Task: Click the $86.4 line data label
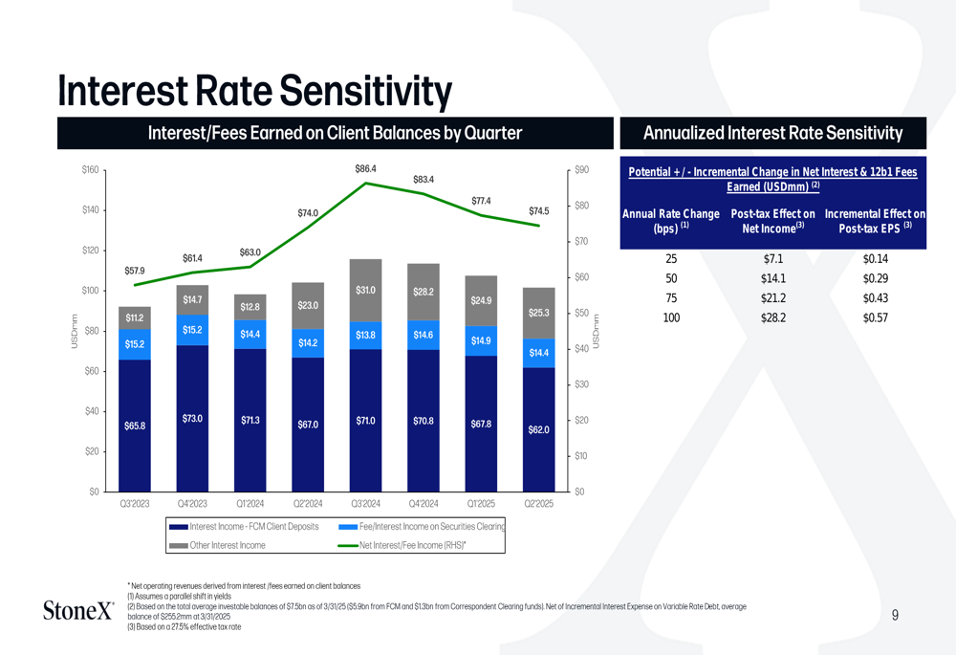(x=365, y=169)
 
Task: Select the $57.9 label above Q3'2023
(x=135, y=271)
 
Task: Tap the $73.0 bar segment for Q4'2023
(x=193, y=419)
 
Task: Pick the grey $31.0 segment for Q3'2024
(x=365, y=291)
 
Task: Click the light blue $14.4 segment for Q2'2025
(x=539, y=353)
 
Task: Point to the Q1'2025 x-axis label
(x=481, y=503)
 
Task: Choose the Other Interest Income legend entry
(x=228, y=545)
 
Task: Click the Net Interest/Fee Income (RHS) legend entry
(x=412, y=545)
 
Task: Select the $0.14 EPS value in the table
(x=875, y=259)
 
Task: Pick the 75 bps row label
(x=671, y=298)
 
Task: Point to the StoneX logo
(x=79, y=610)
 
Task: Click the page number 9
(x=895, y=616)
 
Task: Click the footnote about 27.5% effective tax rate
(x=185, y=627)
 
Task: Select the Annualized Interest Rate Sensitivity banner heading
(x=772, y=133)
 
